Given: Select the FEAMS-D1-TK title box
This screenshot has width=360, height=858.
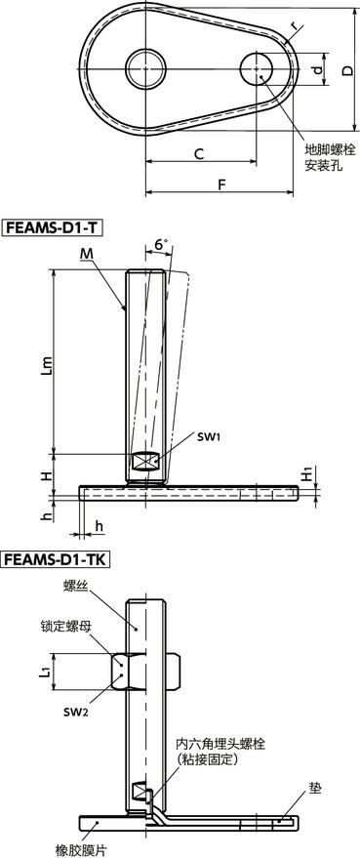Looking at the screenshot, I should tap(58, 560).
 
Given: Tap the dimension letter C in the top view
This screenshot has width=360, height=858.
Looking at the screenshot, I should tap(199, 153).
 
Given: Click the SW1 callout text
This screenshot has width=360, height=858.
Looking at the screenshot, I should tap(209, 437).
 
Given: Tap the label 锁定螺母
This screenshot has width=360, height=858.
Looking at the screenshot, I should tap(65, 630).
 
